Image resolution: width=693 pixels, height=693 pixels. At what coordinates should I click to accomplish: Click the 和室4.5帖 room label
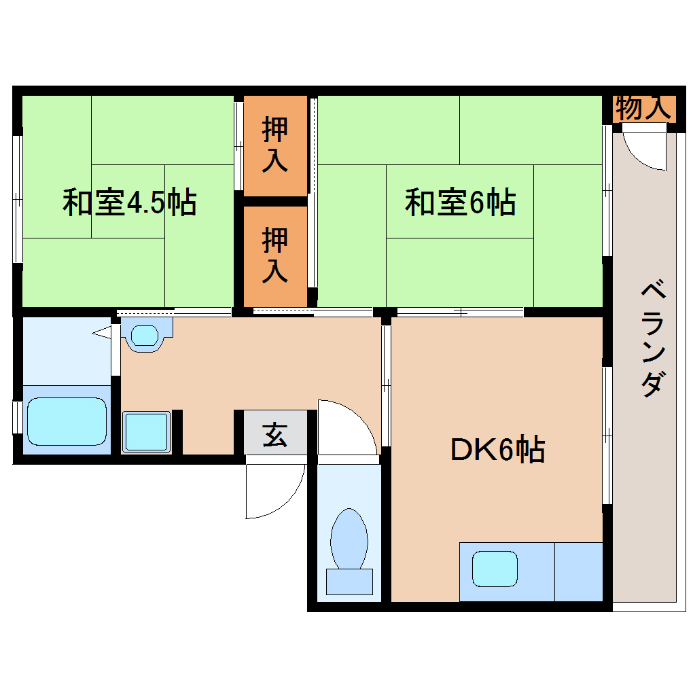[129, 202]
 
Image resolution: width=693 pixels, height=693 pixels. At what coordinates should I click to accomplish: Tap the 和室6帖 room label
[460, 202]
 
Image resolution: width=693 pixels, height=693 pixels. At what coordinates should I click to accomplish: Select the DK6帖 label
[497, 450]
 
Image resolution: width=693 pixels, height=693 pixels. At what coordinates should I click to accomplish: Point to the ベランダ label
[651, 338]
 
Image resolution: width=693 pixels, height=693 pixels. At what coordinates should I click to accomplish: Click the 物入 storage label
[639, 108]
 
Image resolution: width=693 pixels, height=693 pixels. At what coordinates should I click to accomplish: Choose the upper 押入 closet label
[275, 144]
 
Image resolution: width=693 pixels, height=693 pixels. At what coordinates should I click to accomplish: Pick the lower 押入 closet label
[275, 255]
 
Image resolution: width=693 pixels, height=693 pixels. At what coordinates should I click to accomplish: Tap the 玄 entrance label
[274, 435]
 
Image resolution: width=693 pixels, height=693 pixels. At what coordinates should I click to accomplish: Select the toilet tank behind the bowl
[349, 582]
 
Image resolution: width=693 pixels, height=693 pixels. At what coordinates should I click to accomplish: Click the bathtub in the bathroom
[67, 422]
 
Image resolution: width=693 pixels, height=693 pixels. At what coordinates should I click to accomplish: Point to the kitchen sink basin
[495, 569]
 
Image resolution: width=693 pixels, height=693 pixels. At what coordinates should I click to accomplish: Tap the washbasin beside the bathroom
[143, 335]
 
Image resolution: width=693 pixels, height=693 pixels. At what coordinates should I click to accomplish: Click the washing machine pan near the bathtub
[146, 432]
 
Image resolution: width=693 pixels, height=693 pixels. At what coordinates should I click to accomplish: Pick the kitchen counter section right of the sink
[579, 571]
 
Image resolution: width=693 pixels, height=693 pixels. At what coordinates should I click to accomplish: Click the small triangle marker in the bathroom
[101, 332]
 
